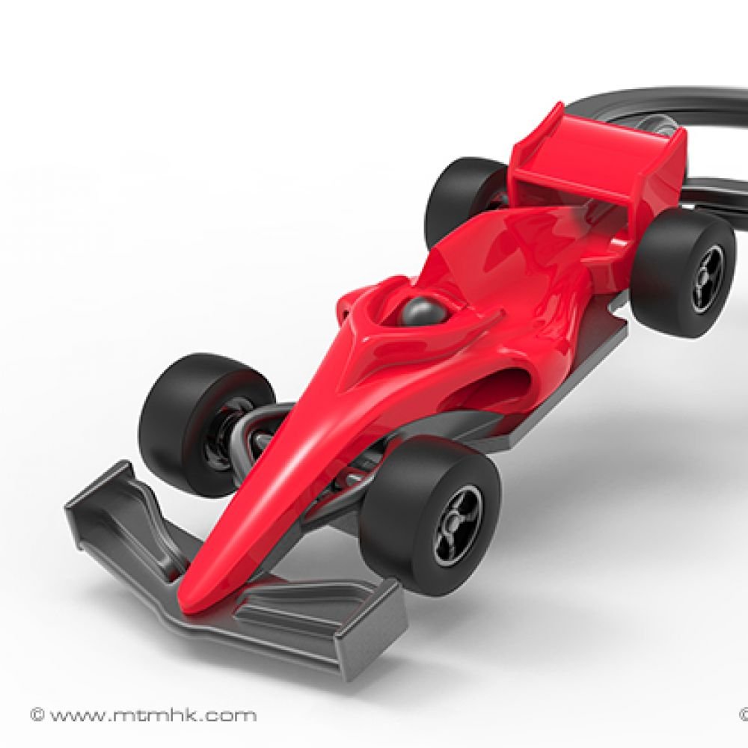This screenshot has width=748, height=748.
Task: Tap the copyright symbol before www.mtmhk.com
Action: pos(35,716)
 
